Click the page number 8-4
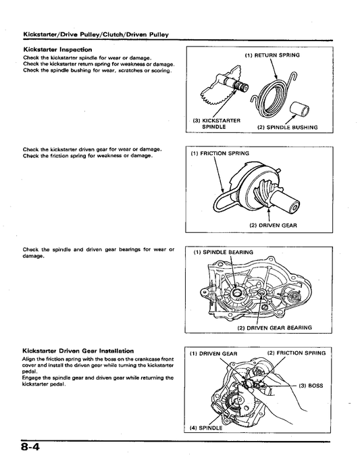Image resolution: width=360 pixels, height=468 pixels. pos(30,448)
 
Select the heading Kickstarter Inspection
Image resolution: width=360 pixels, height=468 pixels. pos(57,49)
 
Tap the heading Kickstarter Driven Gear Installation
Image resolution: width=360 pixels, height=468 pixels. pos(78,351)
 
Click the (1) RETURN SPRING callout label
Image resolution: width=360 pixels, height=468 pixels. pos(272,55)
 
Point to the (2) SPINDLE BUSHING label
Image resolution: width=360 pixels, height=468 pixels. pos(288,128)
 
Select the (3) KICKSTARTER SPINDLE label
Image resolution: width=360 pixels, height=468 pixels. pos(217,124)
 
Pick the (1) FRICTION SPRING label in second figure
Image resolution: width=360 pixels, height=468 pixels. pos(220,153)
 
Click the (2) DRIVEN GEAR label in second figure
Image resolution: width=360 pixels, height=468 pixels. pos(273,226)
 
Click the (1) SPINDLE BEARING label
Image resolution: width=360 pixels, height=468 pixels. pos(224,252)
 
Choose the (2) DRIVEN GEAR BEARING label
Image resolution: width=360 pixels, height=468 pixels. pos(275,328)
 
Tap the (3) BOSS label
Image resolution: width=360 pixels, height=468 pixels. pos(311,386)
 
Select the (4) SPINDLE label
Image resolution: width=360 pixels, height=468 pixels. pos(206,427)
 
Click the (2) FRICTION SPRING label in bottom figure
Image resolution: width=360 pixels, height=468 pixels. pos(297,353)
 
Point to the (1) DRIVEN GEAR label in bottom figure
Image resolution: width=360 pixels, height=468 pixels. pos(213,354)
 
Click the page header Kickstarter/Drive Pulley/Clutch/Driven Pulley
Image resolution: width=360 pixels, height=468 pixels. pos(96,34)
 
